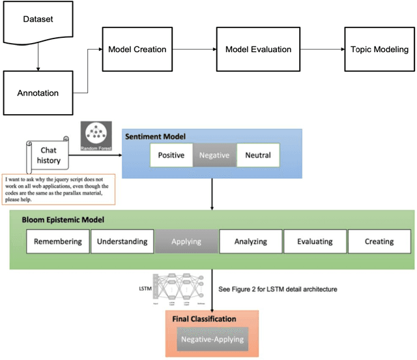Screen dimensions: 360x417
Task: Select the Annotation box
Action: tap(37, 93)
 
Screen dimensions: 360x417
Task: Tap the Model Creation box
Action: tap(137, 50)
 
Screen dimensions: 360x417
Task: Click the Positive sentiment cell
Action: tap(171, 156)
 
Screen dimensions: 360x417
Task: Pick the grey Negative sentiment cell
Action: tap(214, 156)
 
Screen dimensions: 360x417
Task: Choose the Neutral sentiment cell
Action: tap(257, 156)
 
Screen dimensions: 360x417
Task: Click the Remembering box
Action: tap(57, 241)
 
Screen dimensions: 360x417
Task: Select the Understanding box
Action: tap(122, 241)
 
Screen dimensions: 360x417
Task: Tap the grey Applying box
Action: tap(186, 241)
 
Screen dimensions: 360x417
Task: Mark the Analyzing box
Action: tap(250, 241)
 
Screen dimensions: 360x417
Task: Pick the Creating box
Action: tap(379, 241)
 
